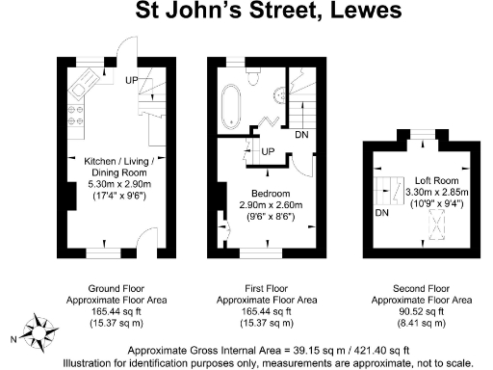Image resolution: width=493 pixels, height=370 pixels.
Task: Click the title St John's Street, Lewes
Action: pos(246,13)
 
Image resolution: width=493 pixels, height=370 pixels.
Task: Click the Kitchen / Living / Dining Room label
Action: pos(126,160)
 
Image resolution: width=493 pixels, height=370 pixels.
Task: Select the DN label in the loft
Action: pos(382,212)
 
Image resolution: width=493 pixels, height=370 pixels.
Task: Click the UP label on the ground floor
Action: pos(130,79)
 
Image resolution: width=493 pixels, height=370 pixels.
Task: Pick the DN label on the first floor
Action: pos(301,134)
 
